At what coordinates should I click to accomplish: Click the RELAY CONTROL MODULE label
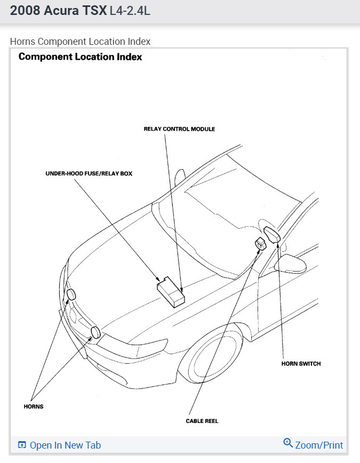[x=179, y=129]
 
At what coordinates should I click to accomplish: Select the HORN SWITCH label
[x=301, y=364]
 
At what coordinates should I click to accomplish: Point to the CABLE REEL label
[x=202, y=421]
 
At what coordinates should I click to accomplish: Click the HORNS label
[x=33, y=406]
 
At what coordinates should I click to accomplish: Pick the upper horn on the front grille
[x=71, y=295]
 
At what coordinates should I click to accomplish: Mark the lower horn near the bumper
[x=95, y=333]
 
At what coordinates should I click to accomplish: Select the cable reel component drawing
[x=261, y=244]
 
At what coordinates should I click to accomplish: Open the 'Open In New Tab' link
[x=65, y=445]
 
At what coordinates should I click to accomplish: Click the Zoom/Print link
[x=319, y=445]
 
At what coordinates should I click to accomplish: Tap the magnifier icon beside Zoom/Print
[x=288, y=443]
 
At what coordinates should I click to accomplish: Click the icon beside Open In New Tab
[x=22, y=445]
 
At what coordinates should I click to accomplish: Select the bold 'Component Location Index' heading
[x=80, y=57]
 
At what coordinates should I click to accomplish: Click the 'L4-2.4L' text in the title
[x=130, y=11]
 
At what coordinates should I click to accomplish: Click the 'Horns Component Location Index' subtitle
[x=80, y=41]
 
